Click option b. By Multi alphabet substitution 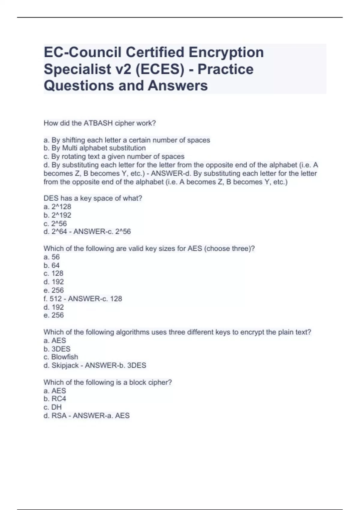pos(95,148)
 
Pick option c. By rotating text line pos(114,156)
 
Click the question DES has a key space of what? pos(93,198)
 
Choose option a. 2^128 pos(57,206)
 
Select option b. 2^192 pos(57,215)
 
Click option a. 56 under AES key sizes pos(52,257)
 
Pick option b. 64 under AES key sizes pos(52,265)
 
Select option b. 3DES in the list pos(57,349)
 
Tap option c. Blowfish pos(61,357)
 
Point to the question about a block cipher pos(108,382)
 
